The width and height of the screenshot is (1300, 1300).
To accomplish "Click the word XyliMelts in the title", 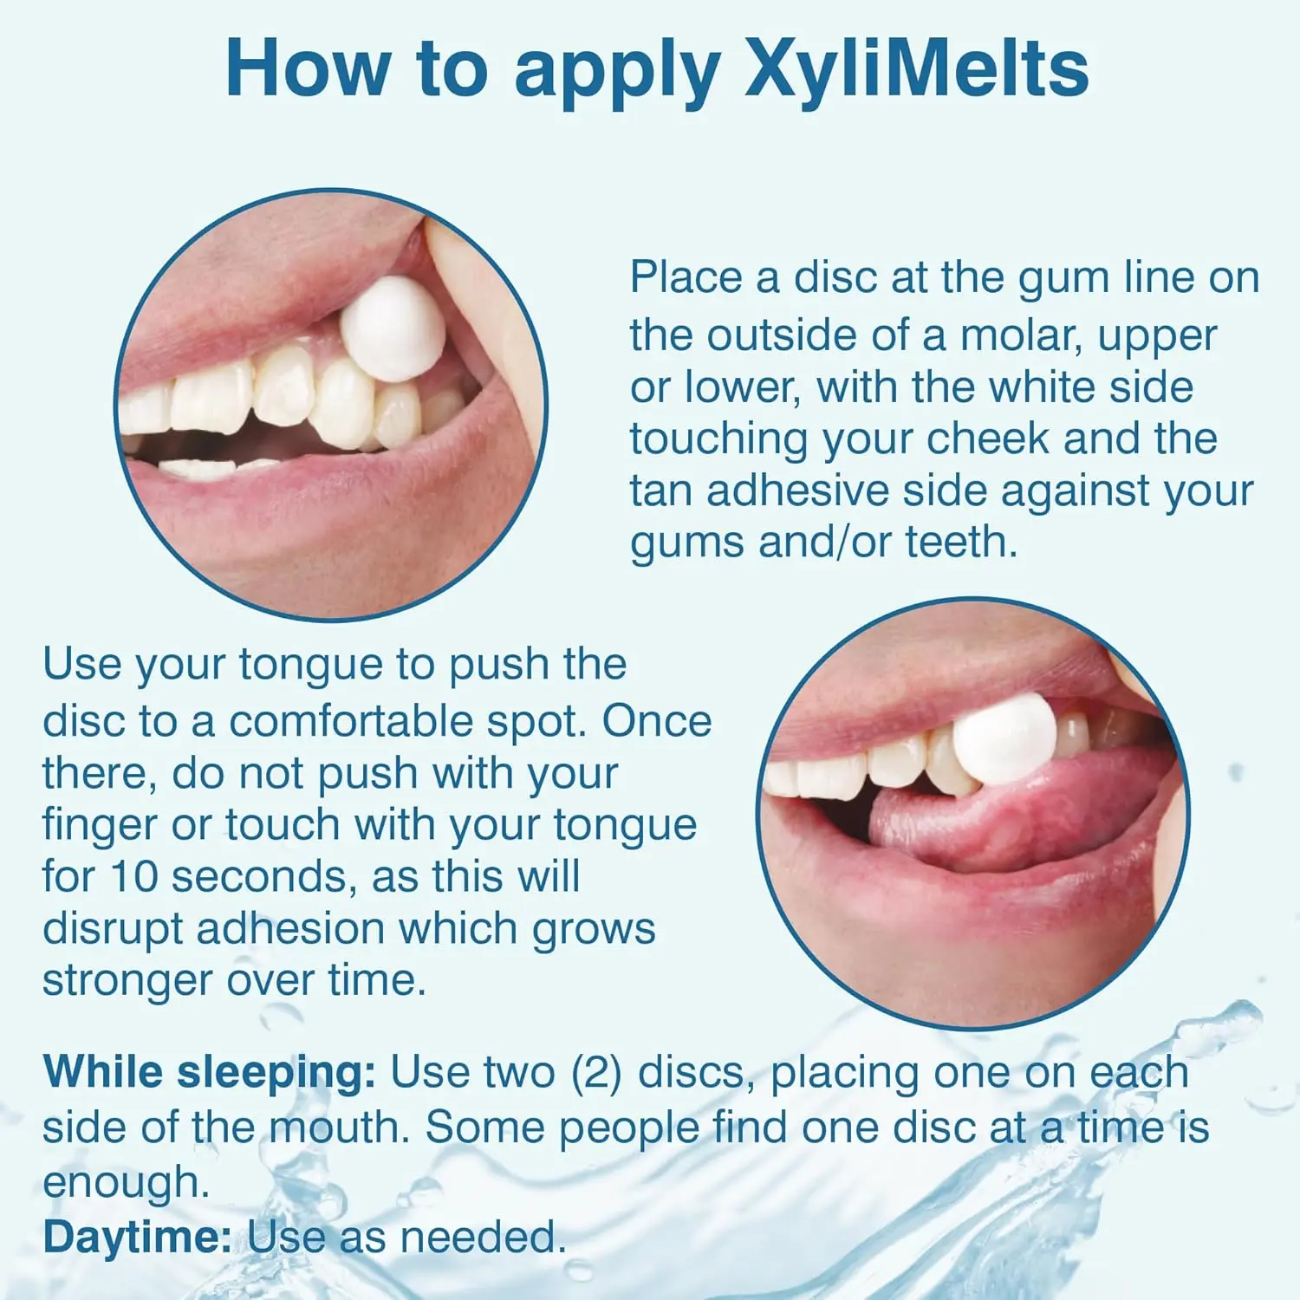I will click(x=916, y=69).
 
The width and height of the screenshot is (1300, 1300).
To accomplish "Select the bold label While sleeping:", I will click(x=209, y=1073).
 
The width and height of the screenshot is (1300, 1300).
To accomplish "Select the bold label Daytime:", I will click(x=137, y=1237).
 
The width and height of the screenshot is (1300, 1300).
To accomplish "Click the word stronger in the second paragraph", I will click(x=127, y=980).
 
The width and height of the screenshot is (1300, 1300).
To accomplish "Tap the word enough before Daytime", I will click(x=126, y=1182).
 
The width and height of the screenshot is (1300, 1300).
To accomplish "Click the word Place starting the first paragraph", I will click(x=686, y=278).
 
